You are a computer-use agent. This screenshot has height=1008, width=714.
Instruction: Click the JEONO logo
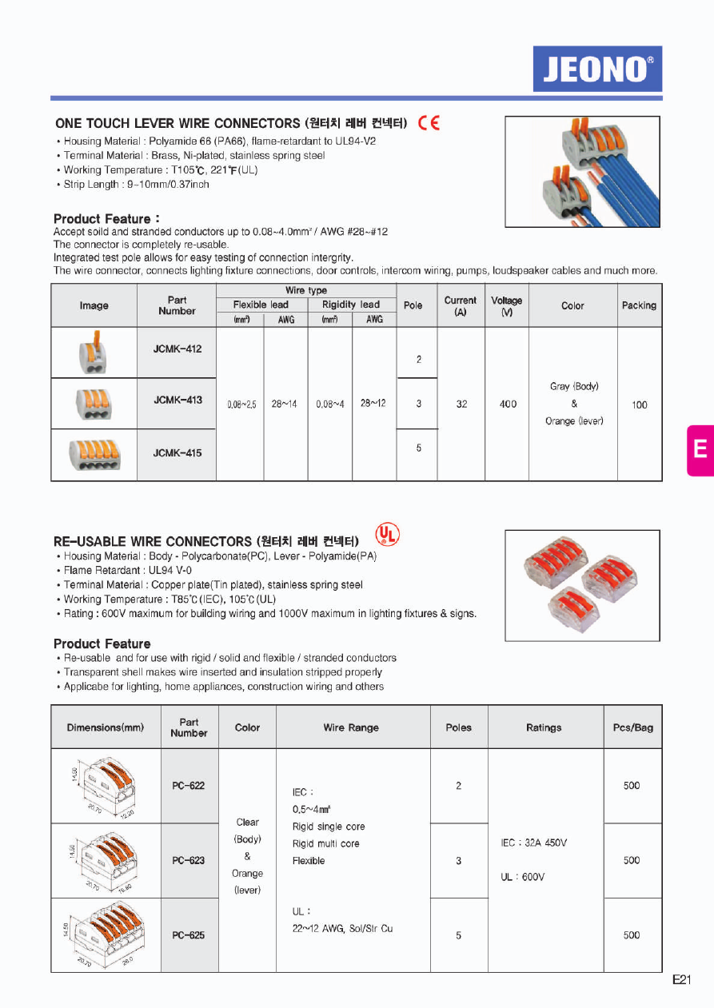597,69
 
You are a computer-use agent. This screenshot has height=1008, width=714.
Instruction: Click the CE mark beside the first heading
429,123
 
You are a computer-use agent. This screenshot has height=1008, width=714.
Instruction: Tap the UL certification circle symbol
387,534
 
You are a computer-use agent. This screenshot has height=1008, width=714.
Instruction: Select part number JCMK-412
178,349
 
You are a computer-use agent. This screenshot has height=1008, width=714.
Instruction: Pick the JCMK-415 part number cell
178,453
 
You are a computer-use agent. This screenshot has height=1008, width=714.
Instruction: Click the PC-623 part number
189,860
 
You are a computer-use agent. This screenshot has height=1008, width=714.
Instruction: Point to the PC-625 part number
189,934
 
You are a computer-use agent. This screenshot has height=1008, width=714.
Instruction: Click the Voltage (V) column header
506,305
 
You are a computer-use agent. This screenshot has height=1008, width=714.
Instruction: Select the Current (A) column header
461,305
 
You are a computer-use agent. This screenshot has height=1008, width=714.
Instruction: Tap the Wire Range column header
351,727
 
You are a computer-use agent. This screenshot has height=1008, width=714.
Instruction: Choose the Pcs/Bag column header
632,727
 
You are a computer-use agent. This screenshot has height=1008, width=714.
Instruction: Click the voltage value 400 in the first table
508,404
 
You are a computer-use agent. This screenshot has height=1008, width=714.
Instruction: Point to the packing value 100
640,404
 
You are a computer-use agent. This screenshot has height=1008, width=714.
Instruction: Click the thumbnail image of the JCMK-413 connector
94,404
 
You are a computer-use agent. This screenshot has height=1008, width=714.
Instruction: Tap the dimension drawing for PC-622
106,787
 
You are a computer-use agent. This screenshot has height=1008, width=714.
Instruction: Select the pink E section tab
700,449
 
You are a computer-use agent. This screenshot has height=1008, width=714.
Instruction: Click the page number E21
681,980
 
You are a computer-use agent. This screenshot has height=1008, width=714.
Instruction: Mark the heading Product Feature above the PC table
102,643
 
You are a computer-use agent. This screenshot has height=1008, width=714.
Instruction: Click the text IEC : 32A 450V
533,843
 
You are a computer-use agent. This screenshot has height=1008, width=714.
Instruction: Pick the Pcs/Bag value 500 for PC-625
632,934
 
